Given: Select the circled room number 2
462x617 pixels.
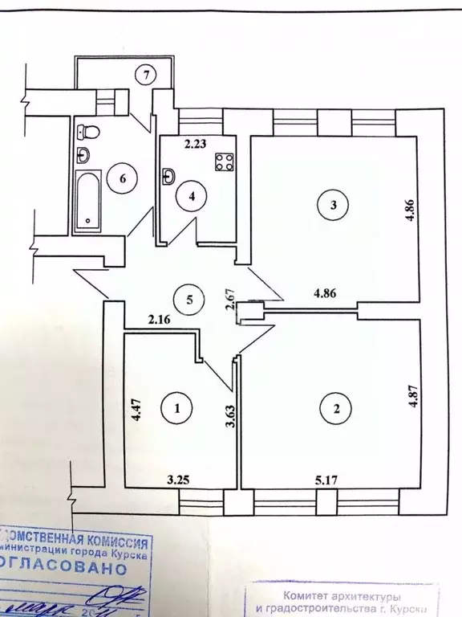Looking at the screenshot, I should coord(337,409).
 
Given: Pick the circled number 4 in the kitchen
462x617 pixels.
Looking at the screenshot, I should coord(191,195).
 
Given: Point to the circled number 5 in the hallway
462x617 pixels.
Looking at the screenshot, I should coord(190,300).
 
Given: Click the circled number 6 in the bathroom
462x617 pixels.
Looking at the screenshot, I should coord(123,178).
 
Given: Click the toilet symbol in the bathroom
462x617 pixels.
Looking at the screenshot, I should coord(87,130).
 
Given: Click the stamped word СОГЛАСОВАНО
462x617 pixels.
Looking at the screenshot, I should coord(64,567).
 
